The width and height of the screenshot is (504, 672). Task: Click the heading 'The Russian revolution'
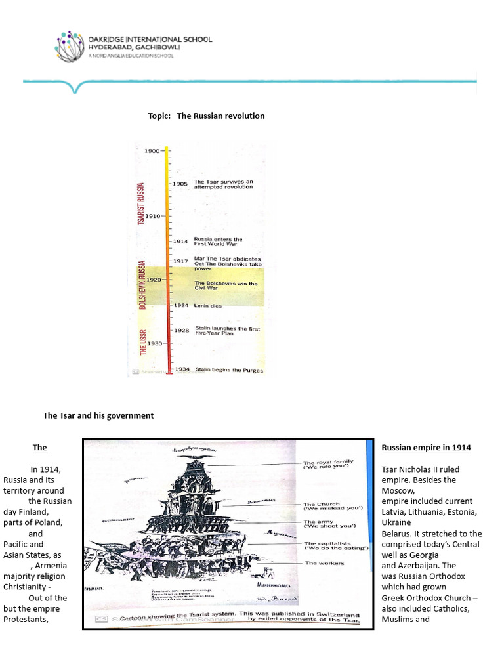(x=220, y=115)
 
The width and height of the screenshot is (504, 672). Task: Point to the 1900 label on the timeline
(x=152, y=151)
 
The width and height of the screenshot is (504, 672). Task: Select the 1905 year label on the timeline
(x=180, y=184)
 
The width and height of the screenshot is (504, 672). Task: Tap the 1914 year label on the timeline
(x=180, y=241)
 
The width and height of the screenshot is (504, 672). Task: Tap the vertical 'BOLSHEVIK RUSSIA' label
(x=141, y=285)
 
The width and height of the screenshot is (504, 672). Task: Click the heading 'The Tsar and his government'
(x=98, y=415)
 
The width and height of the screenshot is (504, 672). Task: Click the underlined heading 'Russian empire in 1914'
(x=426, y=448)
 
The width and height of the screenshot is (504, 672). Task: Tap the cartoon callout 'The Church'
(x=322, y=505)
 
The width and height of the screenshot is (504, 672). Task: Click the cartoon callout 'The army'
(x=319, y=522)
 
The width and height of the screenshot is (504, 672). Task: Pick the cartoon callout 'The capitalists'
(x=327, y=544)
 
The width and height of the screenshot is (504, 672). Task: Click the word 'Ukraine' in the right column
(x=396, y=522)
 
